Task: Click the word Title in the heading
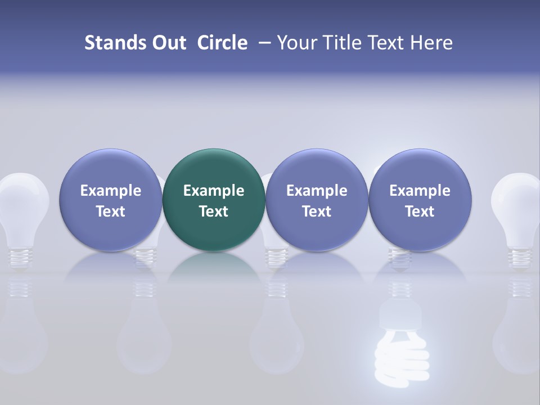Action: click(344, 43)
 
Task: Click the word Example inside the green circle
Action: click(214, 191)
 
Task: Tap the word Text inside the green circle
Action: click(214, 211)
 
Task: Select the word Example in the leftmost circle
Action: click(110, 191)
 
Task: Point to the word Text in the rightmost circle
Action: click(420, 211)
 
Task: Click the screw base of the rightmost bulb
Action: click(519, 256)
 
